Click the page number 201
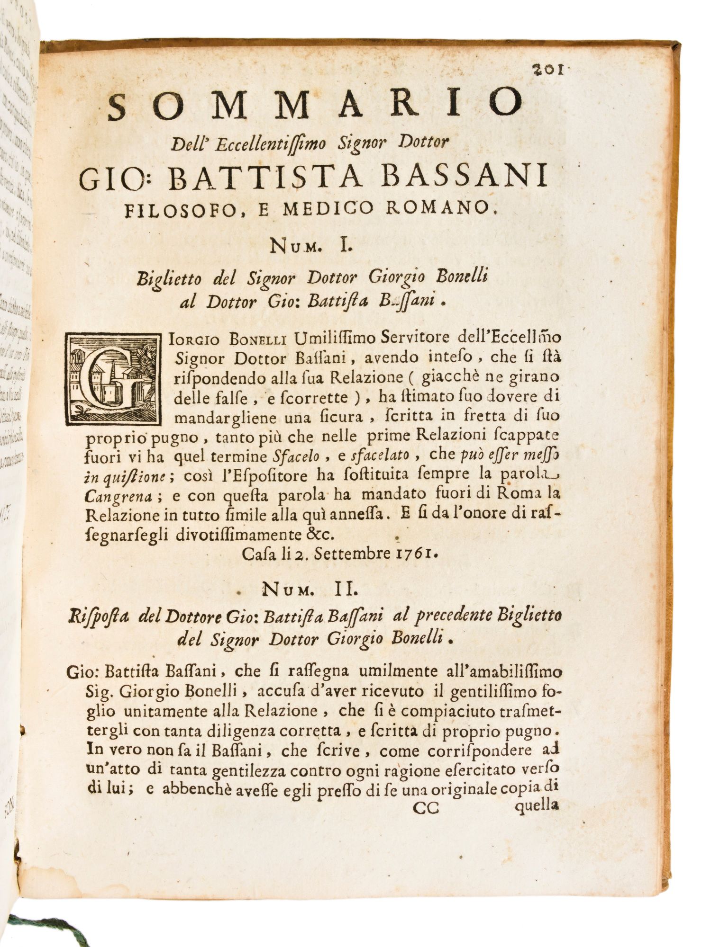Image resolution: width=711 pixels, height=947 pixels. click(547, 70)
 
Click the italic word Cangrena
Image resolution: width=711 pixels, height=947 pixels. click(118, 497)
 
